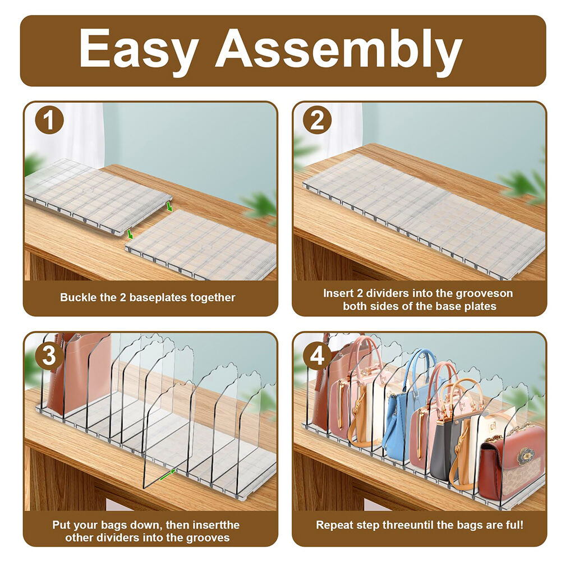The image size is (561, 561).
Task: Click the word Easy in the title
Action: point(139,49)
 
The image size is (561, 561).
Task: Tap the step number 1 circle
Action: point(49,119)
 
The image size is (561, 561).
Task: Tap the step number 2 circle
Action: point(317,119)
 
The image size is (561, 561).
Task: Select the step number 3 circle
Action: point(49,356)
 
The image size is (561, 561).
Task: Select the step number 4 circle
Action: point(317,356)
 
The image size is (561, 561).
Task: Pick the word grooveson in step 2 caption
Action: point(485,294)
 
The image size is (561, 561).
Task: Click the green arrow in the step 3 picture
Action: point(168,475)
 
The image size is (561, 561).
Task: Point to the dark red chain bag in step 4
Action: point(512,462)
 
